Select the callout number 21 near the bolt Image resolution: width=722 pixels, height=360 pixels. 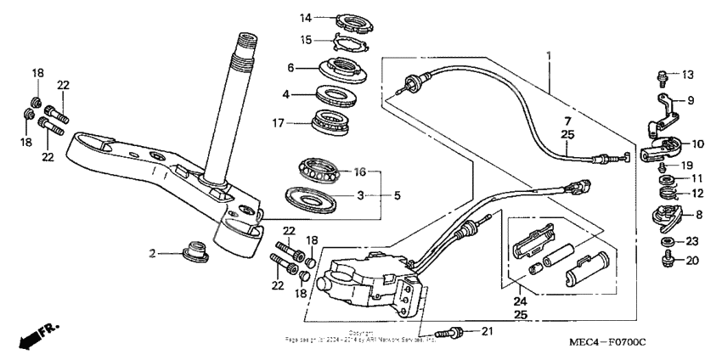pyautogui.click(x=486, y=330)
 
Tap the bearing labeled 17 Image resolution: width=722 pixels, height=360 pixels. pyautogui.click(x=336, y=122)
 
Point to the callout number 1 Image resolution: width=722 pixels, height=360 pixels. pyautogui.click(x=549, y=56)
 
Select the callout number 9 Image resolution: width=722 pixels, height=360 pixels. pyautogui.click(x=689, y=100)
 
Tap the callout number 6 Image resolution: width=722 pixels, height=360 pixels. pyautogui.click(x=290, y=69)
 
